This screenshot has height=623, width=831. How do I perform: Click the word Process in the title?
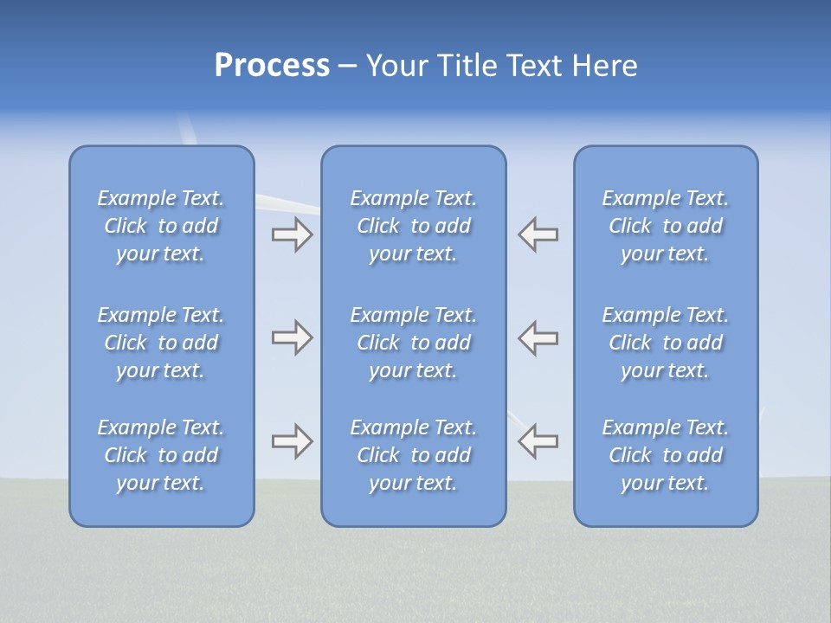(x=272, y=66)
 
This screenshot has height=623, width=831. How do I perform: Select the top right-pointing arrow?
(x=292, y=234)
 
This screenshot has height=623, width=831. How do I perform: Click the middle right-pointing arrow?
(x=292, y=337)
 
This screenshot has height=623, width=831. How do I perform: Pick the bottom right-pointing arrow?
(x=292, y=441)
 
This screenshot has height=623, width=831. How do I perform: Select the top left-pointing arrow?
(x=538, y=234)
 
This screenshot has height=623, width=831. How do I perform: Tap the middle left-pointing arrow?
(x=538, y=337)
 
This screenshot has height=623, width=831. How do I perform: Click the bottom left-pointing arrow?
(x=538, y=441)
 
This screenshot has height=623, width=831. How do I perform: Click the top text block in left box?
(x=161, y=226)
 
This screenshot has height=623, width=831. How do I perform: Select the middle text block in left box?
(x=161, y=343)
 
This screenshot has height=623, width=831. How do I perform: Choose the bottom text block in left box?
(x=161, y=455)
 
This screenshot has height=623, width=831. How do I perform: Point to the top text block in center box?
(x=414, y=226)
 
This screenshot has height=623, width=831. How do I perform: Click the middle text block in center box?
(x=414, y=343)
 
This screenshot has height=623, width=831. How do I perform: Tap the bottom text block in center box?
(x=414, y=455)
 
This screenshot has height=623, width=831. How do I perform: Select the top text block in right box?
(x=666, y=226)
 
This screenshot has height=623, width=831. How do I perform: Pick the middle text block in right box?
(x=666, y=343)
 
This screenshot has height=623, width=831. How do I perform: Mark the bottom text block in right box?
(x=666, y=455)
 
